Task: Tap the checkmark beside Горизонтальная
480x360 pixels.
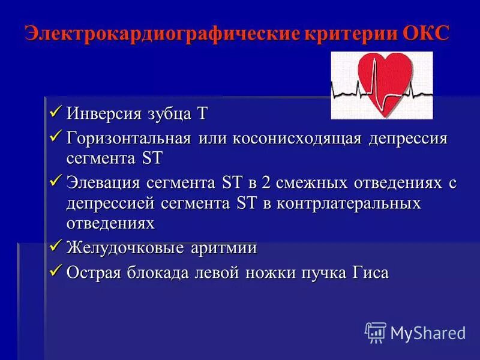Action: [x=55, y=137]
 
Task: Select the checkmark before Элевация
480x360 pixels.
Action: [x=55, y=181]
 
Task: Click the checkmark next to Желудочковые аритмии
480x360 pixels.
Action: [x=55, y=246]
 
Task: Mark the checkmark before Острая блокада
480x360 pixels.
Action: [x=55, y=271]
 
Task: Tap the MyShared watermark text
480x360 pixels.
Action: [x=428, y=332]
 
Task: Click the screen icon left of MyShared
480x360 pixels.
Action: [x=376, y=332]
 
